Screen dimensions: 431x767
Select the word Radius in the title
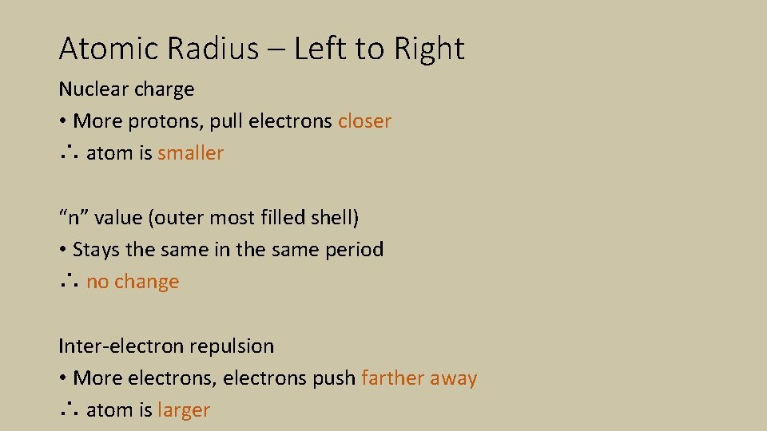pyautogui.click(x=213, y=49)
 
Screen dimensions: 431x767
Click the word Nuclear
pyautogui.click(x=92, y=89)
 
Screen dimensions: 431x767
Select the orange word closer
pyautogui.click(x=364, y=121)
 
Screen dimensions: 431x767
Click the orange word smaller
pyautogui.click(x=190, y=153)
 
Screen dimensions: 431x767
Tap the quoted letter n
pyautogui.click(x=70, y=218)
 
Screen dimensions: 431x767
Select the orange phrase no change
pyautogui.click(x=133, y=282)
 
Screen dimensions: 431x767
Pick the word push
pyautogui.click(x=336, y=378)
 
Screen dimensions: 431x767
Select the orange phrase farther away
pyautogui.click(x=419, y=378)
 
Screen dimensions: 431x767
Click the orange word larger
pyautogui.click(x=184, y=411)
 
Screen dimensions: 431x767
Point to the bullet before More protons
pyautogui.click(x=62, y=122)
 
